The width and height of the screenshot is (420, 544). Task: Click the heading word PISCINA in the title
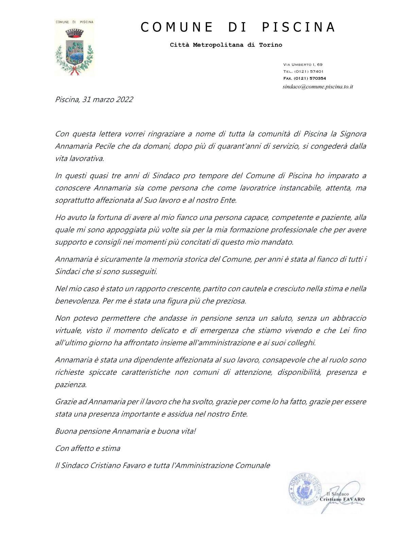pos(298,27)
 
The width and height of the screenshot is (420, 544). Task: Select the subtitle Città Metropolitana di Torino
pos(226,45)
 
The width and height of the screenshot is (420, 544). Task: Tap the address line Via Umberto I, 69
pos(303,65)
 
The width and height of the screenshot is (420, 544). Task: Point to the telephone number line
pos(303,71)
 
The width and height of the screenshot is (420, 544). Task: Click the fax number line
pos(304,78)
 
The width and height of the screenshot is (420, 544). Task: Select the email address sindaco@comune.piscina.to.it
pos(318,87)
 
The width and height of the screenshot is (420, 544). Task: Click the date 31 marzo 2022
pos(107,100)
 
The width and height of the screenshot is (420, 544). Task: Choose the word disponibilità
pos(299,372)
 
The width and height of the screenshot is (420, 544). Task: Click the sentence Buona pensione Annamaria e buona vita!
pos(125,431)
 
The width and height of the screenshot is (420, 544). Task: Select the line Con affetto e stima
pos(88,448)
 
